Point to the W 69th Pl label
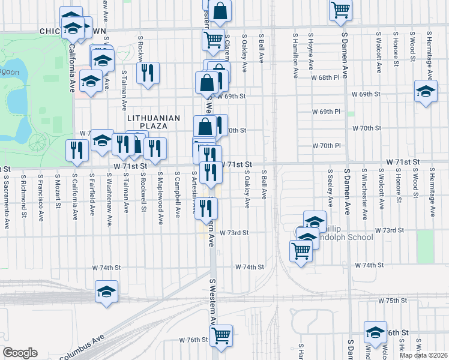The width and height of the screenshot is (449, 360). (x=327, y=112)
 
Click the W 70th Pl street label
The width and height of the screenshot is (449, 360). (x=327, y=146)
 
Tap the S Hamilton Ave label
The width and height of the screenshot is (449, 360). (x=295, y=56)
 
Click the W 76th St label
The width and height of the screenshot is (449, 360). (x=193, y=340)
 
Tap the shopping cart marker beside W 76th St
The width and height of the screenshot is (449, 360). (x=221, y=335)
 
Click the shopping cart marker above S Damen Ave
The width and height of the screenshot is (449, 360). (x=340, y=10)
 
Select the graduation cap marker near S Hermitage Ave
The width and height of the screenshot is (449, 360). (x=426, y=92)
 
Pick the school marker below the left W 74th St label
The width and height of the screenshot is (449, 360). (x=107, y=292)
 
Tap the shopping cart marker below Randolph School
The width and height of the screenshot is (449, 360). (x=301, y=251)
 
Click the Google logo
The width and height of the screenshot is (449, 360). (x=20, y=353)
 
